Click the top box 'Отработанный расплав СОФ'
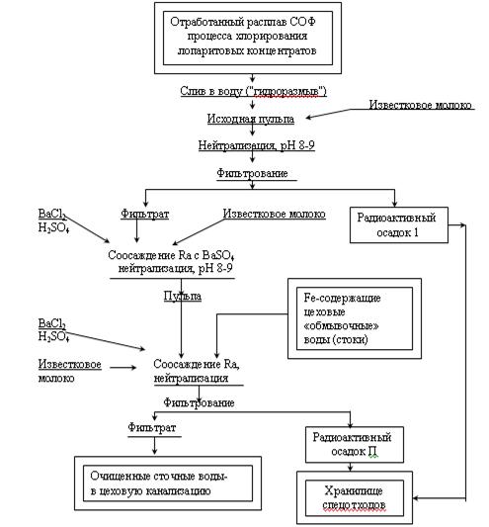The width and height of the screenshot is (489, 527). pos(248,38)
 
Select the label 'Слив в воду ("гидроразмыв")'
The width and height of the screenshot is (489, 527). pos(253,91)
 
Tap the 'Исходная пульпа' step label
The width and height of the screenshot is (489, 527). pos(251,119)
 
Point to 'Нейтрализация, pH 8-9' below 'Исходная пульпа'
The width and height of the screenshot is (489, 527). pos(256,145)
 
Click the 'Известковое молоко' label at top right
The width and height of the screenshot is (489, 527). pos(421,105)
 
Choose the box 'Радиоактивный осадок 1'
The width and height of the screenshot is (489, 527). pos(399,224)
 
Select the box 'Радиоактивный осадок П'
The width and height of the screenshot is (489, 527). pos(355,444)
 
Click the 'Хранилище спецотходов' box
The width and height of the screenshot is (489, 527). pos(355,497)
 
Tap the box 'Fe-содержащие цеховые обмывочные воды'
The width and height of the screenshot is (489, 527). pos(355,318)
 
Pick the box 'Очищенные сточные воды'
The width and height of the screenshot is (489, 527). pos(168,483)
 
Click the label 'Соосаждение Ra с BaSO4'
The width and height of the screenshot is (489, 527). pos(171,255)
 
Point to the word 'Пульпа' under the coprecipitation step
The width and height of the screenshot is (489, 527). pos(183,296)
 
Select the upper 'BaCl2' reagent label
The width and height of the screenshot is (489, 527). pos(52,215)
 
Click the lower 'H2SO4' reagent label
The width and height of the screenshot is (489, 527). pos(53,336)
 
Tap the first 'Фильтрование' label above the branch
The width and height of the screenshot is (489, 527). pos(252,173)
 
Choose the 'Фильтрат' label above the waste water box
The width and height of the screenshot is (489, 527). pos(152,428)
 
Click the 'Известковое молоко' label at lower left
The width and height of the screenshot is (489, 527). pos(69,371)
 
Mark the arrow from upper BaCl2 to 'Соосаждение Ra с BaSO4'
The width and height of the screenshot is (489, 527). pos(87,227)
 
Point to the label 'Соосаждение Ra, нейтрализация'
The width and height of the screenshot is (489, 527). pos(197,371)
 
